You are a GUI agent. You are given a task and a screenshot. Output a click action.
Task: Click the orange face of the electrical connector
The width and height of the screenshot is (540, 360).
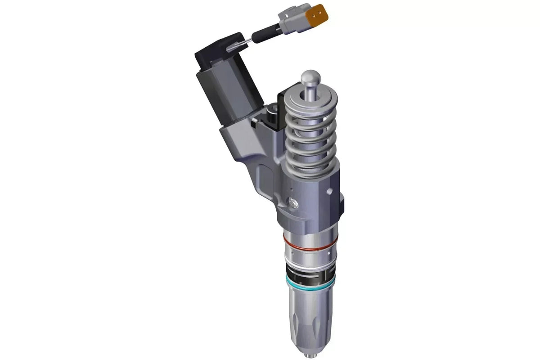(321, 13)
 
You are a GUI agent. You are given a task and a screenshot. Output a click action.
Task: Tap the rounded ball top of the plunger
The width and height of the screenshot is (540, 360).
(310, 77)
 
